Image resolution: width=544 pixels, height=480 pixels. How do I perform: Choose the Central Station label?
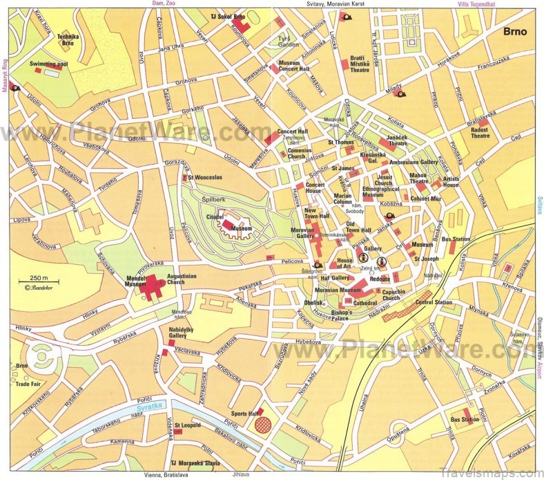click(434, 302)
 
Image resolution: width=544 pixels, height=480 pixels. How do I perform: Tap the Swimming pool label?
click(46, 63)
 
